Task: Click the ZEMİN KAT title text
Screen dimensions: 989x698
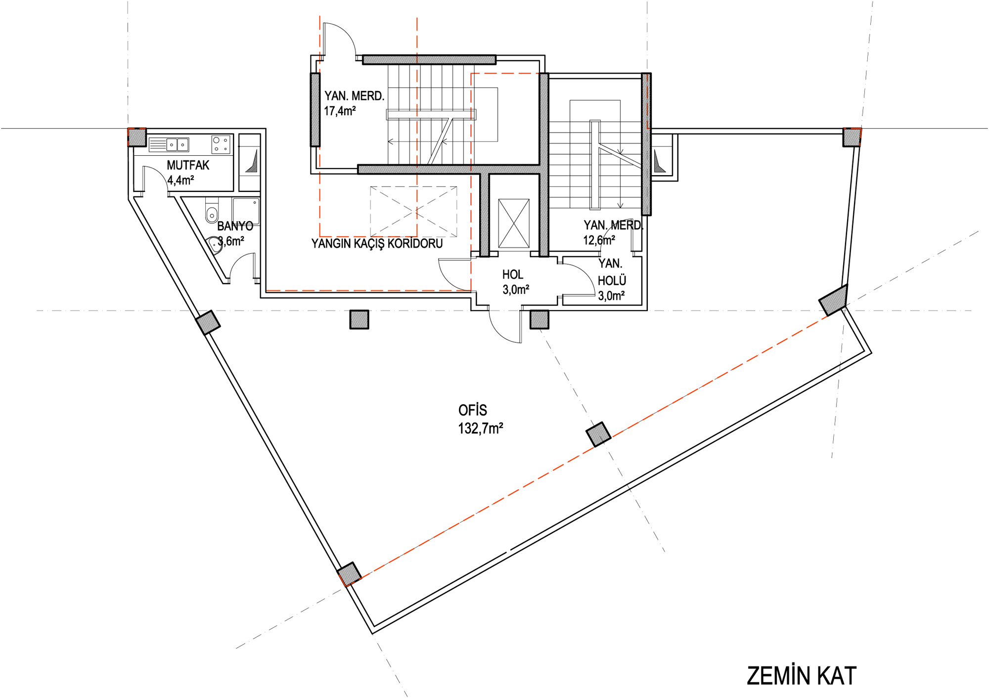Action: click(801, 676)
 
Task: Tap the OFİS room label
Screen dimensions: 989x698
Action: click(473, 410)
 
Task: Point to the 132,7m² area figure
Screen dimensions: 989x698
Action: click(481, 428)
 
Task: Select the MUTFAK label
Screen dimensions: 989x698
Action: click(188, 165)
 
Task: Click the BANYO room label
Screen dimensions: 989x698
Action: click(235, 226)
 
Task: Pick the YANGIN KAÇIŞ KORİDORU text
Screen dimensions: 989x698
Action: click(377, 243)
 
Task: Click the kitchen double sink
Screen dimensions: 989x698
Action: click(177, 144)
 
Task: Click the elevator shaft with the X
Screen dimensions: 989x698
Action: click(514, 223)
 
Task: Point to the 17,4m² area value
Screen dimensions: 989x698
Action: click(340, 111)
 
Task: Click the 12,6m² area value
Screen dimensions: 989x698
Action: click(599, 240)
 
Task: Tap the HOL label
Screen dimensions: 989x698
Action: click(513, 275)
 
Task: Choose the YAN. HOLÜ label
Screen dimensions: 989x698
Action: click(612, 272)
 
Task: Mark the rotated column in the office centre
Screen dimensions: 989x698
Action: click(598, 434)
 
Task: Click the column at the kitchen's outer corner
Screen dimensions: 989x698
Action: click(137, 137)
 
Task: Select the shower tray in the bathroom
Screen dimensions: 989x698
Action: click(246, 211)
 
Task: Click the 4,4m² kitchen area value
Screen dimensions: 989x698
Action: click(180, 180)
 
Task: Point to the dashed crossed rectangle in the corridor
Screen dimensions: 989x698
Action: click(413, 211)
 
